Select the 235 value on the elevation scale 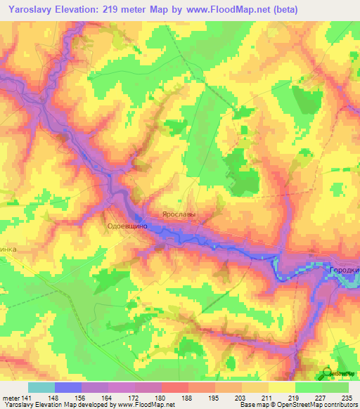coord(346,398)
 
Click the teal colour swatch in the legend coord(41,387)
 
